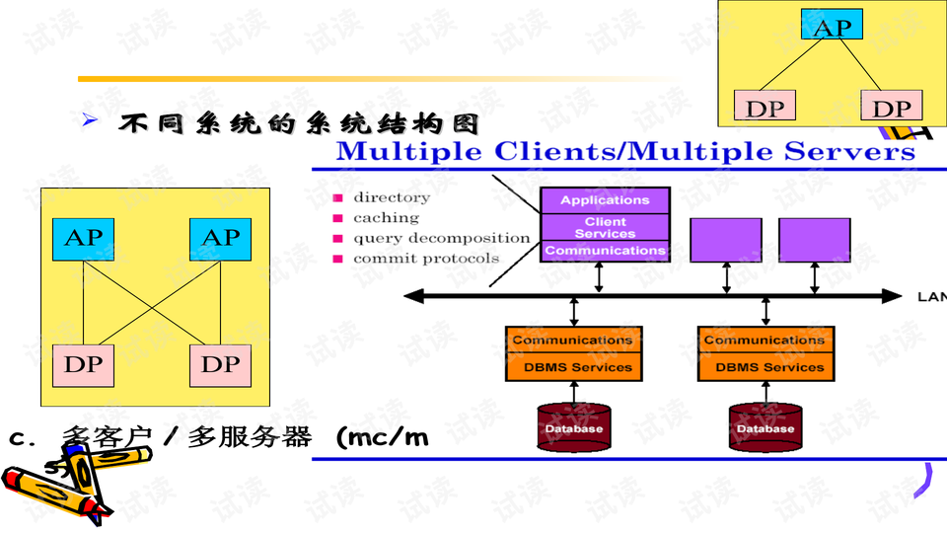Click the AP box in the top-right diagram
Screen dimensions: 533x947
[832, 26]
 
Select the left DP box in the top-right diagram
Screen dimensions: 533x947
[764, 107]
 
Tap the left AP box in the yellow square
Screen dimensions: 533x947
[83, 238]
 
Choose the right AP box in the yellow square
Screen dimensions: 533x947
[220, 238]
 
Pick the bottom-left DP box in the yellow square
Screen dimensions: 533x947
[83, 364]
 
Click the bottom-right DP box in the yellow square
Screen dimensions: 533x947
[220, 364]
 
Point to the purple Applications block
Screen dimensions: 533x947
[605, 200]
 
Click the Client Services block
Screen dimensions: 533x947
[605, 228]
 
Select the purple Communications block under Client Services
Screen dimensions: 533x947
[605, 251]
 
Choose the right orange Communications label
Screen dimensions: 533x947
[765, 341]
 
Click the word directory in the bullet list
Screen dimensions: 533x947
[392, 197]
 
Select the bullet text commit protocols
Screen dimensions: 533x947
[426, 259]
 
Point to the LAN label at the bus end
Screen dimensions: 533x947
[930, 295]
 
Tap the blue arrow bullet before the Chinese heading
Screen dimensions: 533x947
[90, 120]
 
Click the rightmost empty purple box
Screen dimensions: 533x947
[815, 240]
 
